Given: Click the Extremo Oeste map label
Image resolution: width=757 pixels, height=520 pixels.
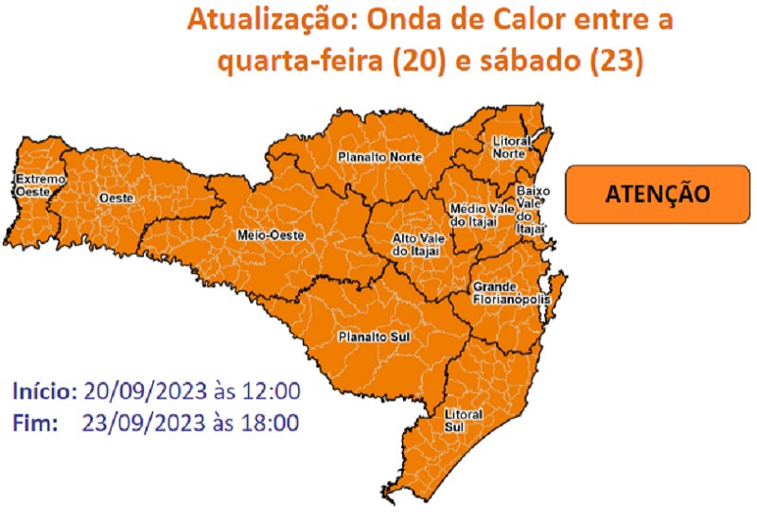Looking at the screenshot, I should (39, 184).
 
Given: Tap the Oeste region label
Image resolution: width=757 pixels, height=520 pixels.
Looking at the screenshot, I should (116, 198).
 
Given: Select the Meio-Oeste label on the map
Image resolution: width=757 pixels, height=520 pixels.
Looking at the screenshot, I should (263, 234).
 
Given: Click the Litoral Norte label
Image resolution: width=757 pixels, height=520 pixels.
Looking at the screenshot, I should (510, 147).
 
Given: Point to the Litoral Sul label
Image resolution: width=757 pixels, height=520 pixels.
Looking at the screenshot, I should (463, 421).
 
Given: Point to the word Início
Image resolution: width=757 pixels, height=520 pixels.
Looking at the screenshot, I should (44, 390).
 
